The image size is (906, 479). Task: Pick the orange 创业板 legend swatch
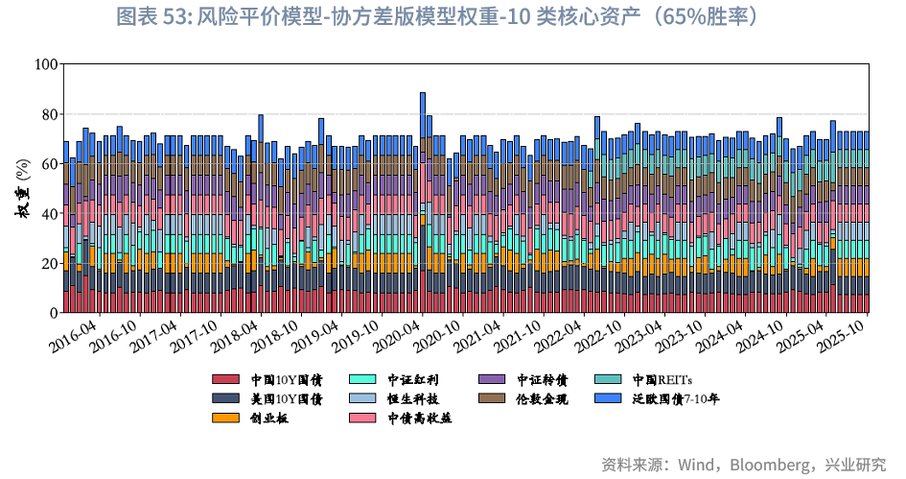click(224, 419)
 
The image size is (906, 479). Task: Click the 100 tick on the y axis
click(45, 64)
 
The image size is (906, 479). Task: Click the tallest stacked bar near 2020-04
click(423, 203)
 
